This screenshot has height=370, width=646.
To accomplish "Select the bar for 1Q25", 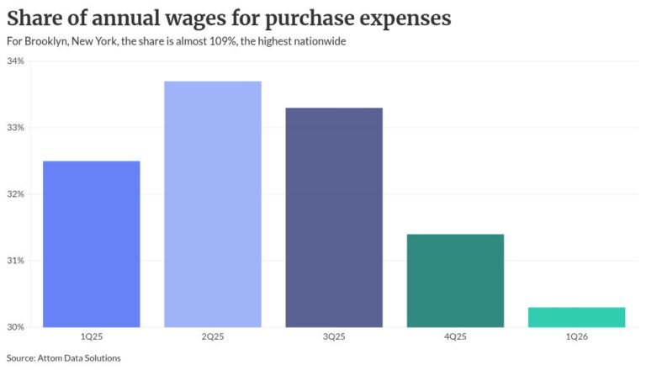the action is [92, 245].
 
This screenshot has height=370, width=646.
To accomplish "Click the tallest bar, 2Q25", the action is [213, 204].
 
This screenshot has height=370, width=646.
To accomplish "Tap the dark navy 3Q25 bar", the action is [334, 218].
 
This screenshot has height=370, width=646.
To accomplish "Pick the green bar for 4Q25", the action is [455, 281].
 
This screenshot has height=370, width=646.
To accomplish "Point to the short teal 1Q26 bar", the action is [577, 317].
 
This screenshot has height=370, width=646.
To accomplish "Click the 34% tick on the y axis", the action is [16, 61].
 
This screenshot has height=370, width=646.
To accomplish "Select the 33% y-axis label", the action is [16, 128].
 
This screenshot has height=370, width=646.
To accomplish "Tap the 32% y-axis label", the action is [16, 194].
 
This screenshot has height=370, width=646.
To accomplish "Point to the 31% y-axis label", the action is [16, 261].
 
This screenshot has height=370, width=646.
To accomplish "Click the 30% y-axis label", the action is [16, 327].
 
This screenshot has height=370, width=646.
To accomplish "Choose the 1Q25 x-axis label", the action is [92, 336].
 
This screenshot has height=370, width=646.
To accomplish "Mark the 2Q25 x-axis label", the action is [213, 336].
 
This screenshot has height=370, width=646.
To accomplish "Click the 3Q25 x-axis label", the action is [334, 336].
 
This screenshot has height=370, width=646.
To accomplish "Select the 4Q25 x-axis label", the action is [455, 336].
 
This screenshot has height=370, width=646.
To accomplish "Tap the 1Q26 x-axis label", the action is [577, 336].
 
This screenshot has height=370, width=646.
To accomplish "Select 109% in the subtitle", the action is [222, 41].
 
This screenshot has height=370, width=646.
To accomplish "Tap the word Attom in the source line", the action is [49, 358].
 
